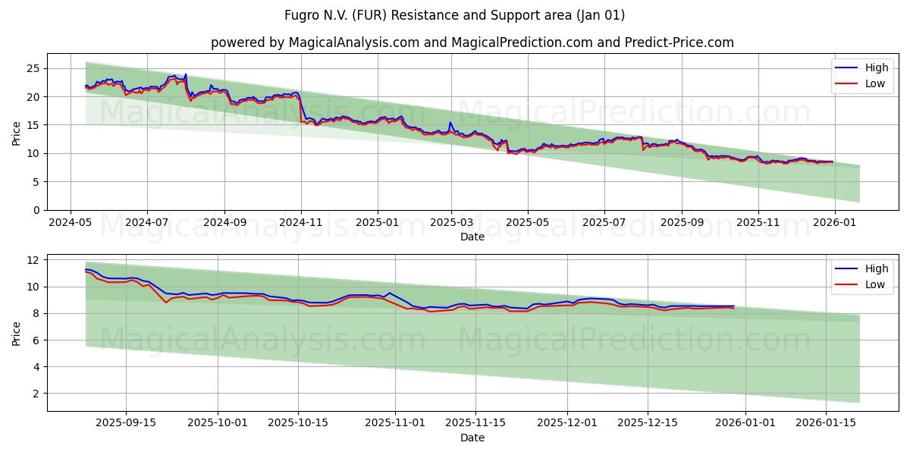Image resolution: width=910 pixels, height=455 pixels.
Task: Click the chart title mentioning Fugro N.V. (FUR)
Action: click(455, 15)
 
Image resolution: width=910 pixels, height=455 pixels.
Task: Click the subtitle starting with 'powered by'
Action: click(472, 42)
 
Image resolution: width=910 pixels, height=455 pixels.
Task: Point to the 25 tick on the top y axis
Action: click(33, 68)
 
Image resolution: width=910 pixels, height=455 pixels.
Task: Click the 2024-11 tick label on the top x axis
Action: click(301, 223)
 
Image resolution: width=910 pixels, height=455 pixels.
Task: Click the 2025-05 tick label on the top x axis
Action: click(528, 223)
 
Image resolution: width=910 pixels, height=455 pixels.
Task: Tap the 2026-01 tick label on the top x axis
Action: click(835, 223)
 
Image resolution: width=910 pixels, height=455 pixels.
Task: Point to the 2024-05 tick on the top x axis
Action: click(71, 223)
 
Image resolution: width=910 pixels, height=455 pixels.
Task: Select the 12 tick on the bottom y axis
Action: click(33, 260)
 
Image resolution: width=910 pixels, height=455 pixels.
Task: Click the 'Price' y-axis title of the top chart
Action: click(17, 132)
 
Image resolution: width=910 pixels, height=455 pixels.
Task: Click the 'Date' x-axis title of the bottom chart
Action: click(472, 438)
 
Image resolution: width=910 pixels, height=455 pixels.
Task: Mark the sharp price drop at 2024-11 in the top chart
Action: click(301, 110)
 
